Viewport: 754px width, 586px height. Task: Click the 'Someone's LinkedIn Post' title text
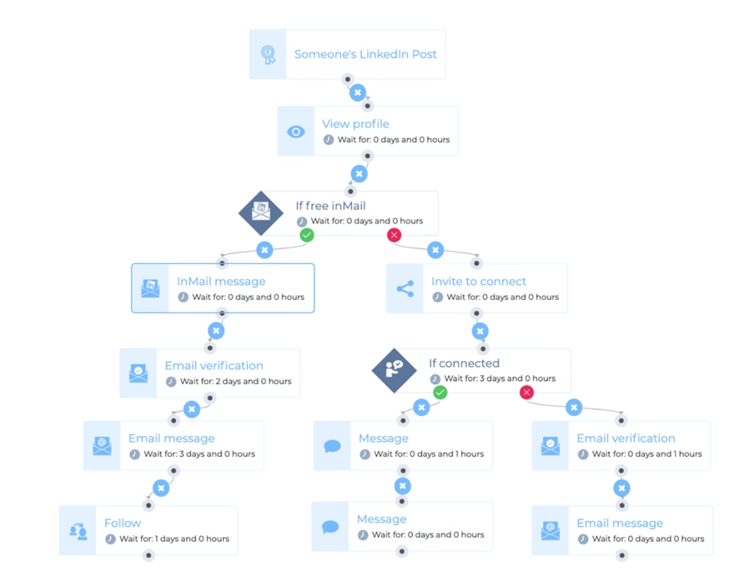pos(366,55)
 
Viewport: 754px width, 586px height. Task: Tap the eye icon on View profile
pos(296,131)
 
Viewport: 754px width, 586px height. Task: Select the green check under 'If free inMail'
pos(306,235)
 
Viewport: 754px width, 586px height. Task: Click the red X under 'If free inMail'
pos(394,235)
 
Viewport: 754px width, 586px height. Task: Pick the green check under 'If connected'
pos(440,392)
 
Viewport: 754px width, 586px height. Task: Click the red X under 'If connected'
pos(526,392)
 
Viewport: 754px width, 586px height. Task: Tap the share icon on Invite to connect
pos(405,289)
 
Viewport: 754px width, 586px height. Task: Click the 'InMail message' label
pos(221,281)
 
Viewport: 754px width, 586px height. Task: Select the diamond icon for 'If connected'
pos(395,370)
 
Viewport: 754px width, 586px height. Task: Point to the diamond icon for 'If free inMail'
pos(261,213)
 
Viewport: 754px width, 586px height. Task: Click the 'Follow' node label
pos(123,523)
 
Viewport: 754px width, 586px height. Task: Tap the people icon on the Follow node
pos(78,531)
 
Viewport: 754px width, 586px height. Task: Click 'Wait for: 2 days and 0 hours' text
pos(236,382)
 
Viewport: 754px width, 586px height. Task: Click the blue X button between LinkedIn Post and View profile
pos(357,92)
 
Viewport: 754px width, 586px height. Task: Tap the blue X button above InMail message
pos(265,250)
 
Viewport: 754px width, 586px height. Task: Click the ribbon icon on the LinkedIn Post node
pos(269,55)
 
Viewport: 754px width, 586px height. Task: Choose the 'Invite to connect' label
pos(478,281)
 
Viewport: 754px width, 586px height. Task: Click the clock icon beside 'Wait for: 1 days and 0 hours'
pos(110,539)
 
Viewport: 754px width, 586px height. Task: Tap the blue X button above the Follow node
pos(161,488)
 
